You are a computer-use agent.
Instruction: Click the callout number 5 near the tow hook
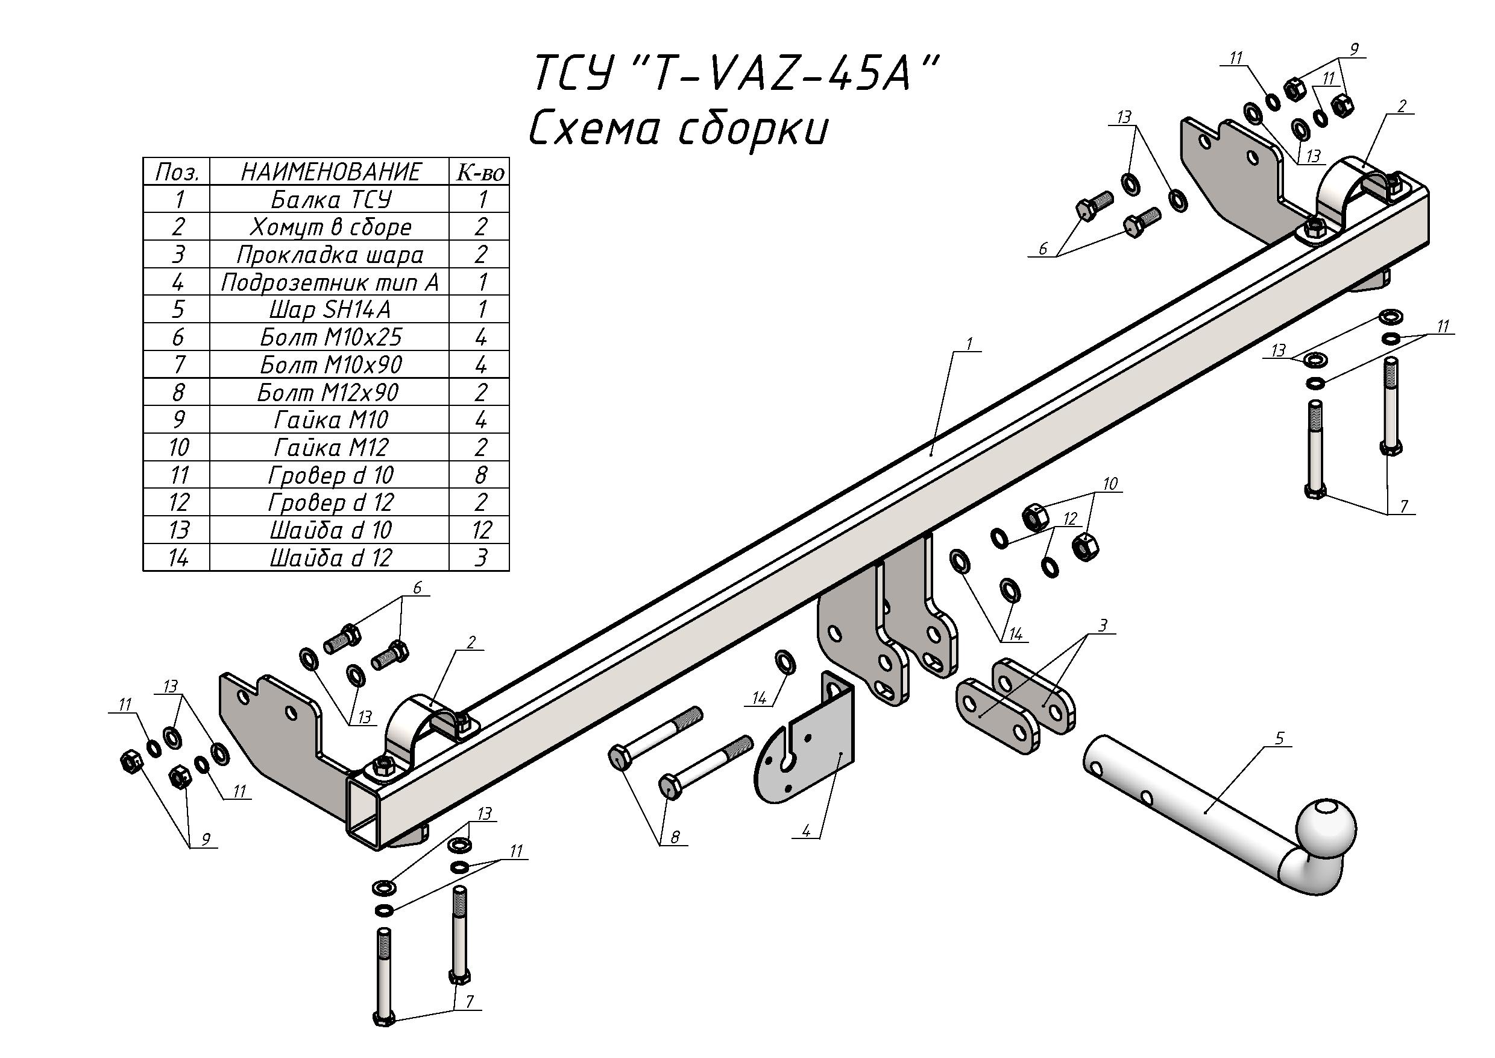click(1279, 739)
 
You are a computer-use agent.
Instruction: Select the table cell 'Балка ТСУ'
click(330, 198)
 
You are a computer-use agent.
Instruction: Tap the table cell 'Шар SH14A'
click(330, 309)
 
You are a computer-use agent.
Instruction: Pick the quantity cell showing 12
click(480, 530)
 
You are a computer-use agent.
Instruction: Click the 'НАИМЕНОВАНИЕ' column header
click(330, 171)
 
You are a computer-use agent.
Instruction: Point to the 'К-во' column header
click(480, 171)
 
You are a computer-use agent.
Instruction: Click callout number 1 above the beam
click(969, 343)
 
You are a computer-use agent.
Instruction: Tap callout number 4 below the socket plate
click(806, 831)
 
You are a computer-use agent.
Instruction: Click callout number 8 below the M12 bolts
click(675, 837)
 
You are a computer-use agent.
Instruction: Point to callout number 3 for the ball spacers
click(1103, 626)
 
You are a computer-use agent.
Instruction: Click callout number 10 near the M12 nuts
click(1110, 483)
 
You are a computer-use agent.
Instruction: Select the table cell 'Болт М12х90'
click(330, 392)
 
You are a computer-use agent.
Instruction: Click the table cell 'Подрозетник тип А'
click(330, 282)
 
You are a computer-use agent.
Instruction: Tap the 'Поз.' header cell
click(177, 171)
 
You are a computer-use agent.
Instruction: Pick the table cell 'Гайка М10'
click(330, 420)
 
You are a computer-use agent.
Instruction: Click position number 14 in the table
click(177, 558)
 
